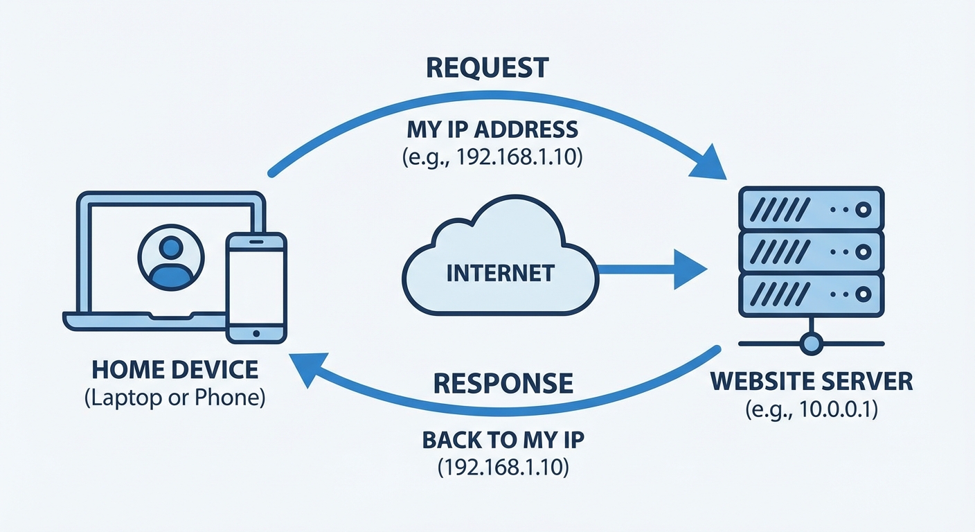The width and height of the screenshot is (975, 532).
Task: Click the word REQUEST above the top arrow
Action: point(487,68)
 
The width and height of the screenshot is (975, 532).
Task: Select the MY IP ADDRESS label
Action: point(492,129)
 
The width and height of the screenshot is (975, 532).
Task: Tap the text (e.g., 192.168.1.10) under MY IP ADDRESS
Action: point(492,157)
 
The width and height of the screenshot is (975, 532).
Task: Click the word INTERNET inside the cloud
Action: point(500,272)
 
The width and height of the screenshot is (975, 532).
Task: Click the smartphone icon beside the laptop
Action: point(256,287)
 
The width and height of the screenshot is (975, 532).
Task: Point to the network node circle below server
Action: point(811,342)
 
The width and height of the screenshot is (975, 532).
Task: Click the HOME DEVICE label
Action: point(175,369)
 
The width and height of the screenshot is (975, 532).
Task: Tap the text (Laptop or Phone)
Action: point(175,399)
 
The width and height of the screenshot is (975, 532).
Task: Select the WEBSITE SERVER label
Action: point(812,381)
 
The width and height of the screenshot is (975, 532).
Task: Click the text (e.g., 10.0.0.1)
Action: point(812,410)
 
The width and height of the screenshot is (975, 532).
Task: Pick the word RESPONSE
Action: point(503,383)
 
